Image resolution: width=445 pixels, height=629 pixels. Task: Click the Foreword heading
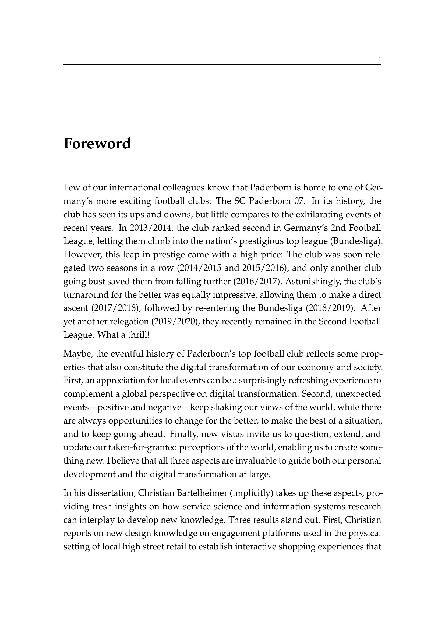[x=97, y=144]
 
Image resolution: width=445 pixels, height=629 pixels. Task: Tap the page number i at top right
[x=380, y=59]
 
